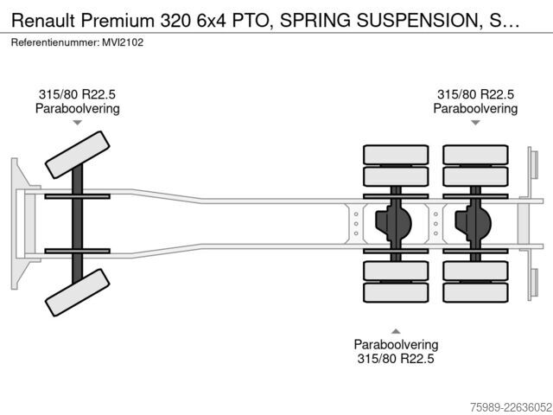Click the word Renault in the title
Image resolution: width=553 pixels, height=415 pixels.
click(43, 21)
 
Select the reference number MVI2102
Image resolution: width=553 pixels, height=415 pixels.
click(123, 42)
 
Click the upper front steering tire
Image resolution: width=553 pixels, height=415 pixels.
click(77, 155)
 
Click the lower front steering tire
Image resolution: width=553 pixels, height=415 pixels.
click(77, 292)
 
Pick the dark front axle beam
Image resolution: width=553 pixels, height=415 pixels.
click(77, 224)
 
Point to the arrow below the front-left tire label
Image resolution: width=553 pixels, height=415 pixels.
click(77, 123)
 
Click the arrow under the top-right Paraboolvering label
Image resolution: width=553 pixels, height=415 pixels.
click(475, 123)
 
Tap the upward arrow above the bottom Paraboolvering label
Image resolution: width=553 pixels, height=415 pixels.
click(396, 331)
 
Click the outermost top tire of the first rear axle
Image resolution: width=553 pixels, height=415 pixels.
click(396, 155)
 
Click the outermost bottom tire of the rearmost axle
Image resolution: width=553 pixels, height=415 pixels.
click(475, 292)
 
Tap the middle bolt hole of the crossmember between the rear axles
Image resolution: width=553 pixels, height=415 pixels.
click(435, 224)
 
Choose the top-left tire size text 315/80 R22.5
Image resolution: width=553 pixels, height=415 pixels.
click(77, 94)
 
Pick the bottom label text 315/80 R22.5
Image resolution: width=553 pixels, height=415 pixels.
click(396, 359)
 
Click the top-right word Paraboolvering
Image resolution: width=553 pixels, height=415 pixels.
click(475, 108)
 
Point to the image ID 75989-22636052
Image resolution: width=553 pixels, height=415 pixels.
click(511, 407)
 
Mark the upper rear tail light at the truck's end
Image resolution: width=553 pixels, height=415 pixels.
click(534, 165)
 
